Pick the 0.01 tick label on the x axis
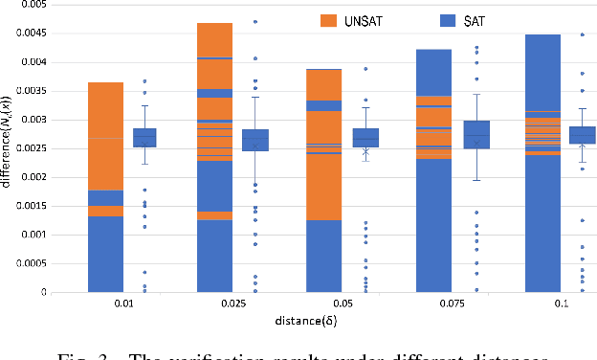(x=119, y=304)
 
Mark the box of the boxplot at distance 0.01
(x=144, y=137)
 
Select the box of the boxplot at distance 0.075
(x=475, y=134)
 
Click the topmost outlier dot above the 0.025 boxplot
(x=254, y=21)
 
